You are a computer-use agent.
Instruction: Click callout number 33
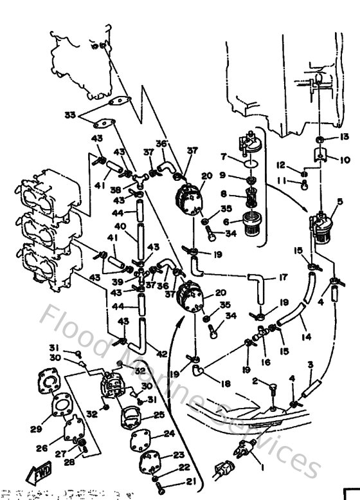click(x=70, y=115)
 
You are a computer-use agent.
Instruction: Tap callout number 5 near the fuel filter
click(x=340, y=201)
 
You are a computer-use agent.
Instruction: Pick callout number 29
click(x=36, y=429)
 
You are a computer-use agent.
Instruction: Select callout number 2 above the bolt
click(x=255, y=382)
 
